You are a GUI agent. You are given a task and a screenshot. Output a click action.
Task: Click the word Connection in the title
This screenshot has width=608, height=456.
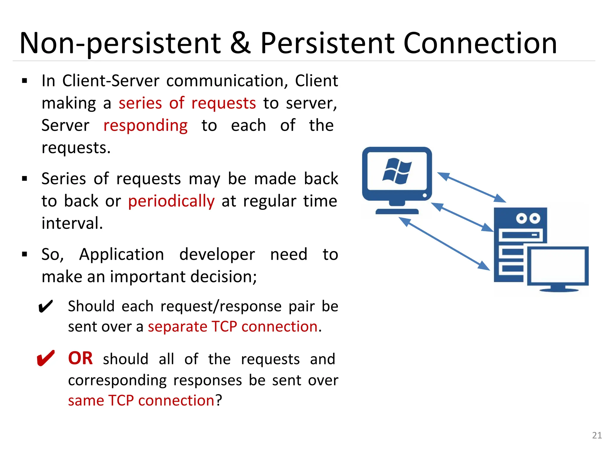(480, 44)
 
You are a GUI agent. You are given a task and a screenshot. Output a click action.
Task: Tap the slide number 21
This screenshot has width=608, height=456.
(597, 435)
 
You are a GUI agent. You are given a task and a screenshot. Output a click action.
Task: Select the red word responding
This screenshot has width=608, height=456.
(145, 126)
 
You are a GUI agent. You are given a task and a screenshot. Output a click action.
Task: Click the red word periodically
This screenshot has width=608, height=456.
(171, 201)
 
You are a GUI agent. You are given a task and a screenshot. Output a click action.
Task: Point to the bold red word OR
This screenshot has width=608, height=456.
(80, 358)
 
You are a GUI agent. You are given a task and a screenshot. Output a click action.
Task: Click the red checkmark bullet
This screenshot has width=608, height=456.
(45, 358)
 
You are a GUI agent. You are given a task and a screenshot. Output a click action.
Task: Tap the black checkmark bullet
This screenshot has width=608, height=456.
(45, 307)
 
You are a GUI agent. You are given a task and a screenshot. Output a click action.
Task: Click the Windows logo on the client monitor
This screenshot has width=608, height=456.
(397, 171)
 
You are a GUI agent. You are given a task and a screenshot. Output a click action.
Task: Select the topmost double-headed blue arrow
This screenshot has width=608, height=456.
(471, 187)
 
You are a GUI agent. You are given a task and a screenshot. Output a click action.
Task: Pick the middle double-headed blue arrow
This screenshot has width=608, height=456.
(462, 217)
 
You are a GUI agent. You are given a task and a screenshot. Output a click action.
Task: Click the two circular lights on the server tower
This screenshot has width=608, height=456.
(528, 218)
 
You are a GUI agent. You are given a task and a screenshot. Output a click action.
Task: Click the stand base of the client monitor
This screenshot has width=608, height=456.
(397, 211)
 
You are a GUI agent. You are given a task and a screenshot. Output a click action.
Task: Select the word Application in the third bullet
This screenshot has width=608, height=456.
(121, 254)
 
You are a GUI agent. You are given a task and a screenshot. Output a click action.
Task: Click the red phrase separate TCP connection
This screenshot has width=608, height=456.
(233, 327)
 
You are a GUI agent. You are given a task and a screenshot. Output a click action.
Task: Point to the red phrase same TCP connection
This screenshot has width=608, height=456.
(141, 400)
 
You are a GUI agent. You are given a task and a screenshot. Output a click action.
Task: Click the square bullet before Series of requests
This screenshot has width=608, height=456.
(25, 179)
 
